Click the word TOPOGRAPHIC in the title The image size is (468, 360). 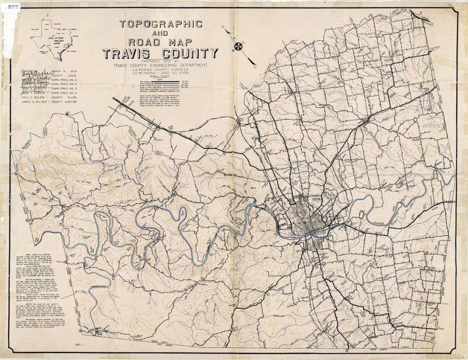[x=161, y=25]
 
